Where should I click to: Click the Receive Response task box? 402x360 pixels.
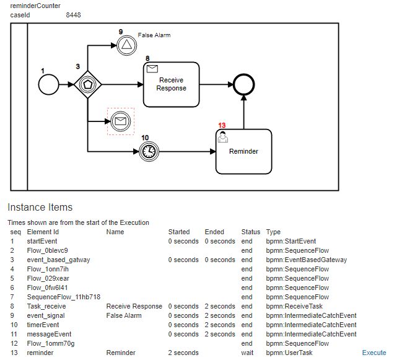click(x=171, y=84)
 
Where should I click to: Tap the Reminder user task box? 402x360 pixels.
click(x=243, y=151)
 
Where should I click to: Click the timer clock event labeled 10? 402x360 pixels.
click(x=148, y=151)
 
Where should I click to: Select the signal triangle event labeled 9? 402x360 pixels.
click(x=126, y=44)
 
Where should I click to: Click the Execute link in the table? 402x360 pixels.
click(x=374, y=353)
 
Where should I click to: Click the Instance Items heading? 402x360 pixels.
click(x=40, y=208)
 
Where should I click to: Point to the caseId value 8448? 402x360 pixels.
click(x=73, y=15)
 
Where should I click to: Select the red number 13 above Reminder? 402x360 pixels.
click(x=222, y=125)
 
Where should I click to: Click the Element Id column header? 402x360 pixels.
click(x=43, y=232)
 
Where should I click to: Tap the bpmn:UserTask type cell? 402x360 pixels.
click(x=289, y=353)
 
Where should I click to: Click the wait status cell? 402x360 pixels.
click(x=247, y=353)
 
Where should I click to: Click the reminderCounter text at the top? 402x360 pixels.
click(x=35, y=6)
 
